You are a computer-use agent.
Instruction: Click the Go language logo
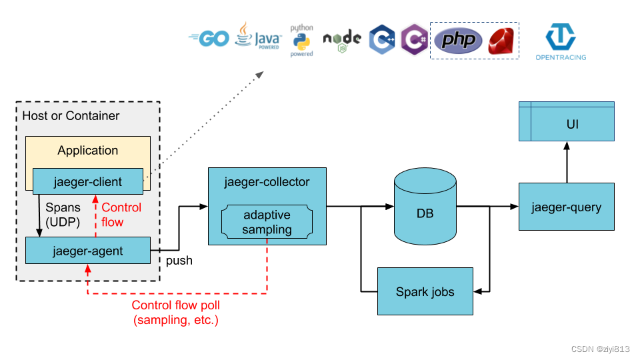tap(209, 39)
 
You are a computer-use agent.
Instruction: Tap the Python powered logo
tap(301, 41)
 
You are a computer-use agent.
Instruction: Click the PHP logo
tap(458, 41)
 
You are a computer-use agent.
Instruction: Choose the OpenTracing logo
tap(561, 42)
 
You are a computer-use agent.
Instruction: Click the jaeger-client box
tap(88, 181)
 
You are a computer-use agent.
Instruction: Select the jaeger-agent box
tap(87, 250)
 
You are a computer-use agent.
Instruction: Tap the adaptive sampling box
tap(267, 222)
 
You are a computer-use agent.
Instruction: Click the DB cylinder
tap(425, 207)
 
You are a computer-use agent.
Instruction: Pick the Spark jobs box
tap(425, 291)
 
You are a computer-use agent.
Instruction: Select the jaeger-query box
tap(566, 207)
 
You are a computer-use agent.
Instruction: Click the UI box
tap(567, 125)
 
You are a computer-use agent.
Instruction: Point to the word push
tap(179, 261)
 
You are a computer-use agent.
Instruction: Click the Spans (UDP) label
tap(63, 215)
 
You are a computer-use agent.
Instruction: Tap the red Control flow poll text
tap(175, 313)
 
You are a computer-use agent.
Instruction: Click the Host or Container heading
tap(71, 116)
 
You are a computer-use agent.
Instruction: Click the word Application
tap(87, 151)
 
